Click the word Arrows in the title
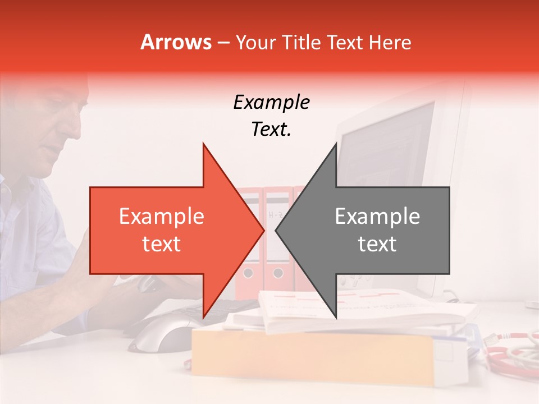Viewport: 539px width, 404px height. point(176,42)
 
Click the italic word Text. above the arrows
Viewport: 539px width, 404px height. point(271,130)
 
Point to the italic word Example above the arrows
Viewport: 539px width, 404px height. point(271,103)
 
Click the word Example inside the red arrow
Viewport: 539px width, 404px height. point(161,217)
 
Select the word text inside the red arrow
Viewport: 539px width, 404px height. point(161,244)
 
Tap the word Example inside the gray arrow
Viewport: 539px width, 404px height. point(377,217)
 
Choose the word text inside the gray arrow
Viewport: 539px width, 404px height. point(377,244)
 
